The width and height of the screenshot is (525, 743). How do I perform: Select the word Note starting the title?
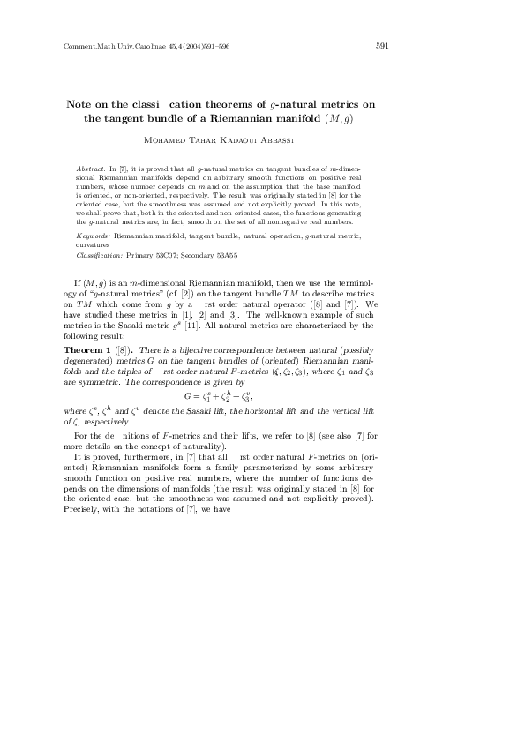coord(82,102)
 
